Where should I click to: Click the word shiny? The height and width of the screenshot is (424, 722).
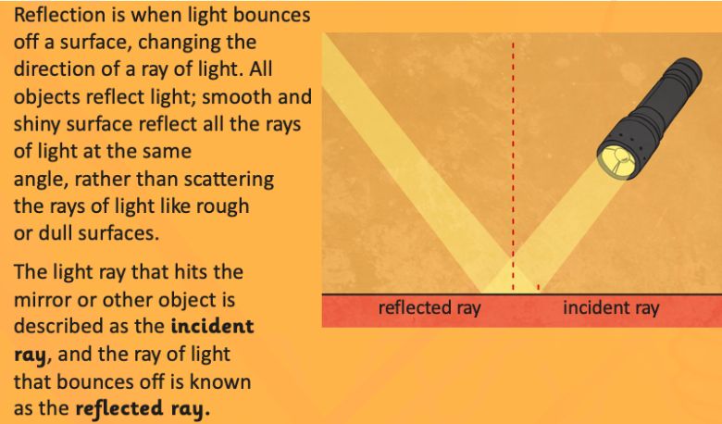37,125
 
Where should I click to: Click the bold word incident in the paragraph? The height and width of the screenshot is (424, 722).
212,327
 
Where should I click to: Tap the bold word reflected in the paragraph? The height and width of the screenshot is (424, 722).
119,409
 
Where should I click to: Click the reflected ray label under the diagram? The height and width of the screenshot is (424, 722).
429,308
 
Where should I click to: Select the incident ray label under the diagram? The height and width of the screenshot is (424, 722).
611,307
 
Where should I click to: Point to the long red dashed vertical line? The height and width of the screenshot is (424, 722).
513,166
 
